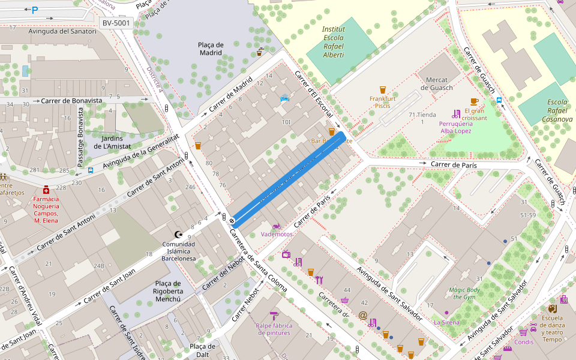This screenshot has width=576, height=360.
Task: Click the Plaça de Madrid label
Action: click(211, 49)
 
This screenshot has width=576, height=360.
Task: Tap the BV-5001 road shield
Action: click(115, 23)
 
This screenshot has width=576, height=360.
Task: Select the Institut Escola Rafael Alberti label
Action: click(333, 42)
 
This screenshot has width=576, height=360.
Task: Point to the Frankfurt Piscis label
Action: click(382, 102)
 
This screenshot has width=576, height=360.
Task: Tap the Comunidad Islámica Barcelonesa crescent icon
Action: click(177, 234)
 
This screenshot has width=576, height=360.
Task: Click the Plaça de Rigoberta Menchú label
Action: click(159, 291)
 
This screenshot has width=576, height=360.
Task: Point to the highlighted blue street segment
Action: click(287, 179)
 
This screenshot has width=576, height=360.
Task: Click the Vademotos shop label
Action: click(277, 234)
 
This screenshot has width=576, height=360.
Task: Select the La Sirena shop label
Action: click(446, 322)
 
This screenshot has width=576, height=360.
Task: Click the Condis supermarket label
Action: click(524, 342)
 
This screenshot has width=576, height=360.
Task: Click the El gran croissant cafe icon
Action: click(474, 101)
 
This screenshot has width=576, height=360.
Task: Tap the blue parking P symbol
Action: click(35, 10)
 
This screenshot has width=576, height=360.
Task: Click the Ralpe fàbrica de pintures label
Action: click(274, 329)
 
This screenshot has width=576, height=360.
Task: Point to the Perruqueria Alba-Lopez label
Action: click(455, 127)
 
